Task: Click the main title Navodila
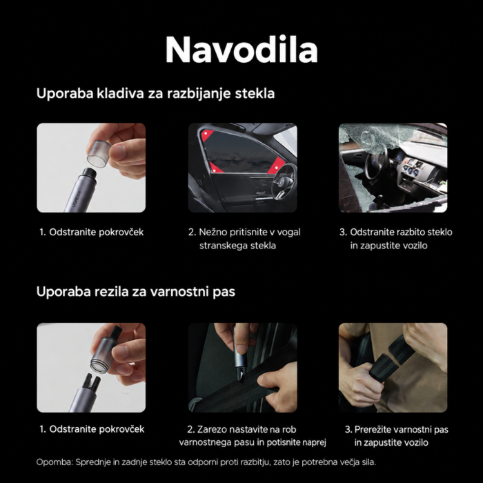tap(241, 50)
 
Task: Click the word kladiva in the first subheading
tap(121, 93)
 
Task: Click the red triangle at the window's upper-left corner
tap(206, 135)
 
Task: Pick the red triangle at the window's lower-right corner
tap(276, 166)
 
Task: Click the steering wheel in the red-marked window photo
tap(284, 182)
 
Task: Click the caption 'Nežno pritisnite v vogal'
tap(244, 232)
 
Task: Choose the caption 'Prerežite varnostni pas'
tap(397, 429)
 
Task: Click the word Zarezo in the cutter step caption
tap(212, 429)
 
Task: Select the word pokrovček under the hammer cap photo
tap(121, 232)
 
